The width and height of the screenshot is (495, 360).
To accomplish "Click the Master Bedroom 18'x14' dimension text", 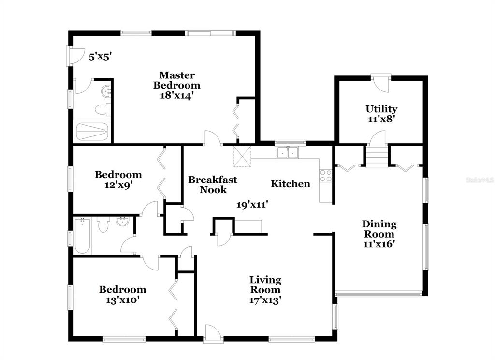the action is pos(176,95).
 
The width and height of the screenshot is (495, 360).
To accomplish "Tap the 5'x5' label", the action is pos(101,57).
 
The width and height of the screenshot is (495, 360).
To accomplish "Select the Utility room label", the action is pos(381,109).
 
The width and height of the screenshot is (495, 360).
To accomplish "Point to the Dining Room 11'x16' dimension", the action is pos(379,244).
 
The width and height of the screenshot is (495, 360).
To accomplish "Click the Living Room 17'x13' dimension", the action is pos(265,300).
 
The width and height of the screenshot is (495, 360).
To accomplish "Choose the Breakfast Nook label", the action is pos(213,184).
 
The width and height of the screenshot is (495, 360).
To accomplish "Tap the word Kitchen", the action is pos(291,184).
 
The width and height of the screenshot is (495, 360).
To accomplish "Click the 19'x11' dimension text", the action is pos(252,205).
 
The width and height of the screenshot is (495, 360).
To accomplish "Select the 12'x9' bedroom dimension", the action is pos(118,184).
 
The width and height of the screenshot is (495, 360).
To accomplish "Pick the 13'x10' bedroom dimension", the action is pos(122,300).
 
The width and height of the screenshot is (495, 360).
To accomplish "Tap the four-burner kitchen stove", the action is pos(326,176).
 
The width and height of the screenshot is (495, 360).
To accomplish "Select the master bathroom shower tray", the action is pos(92,131).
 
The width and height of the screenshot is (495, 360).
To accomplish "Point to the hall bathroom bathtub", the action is pos(83,236).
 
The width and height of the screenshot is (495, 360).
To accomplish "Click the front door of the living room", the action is pos(213,333).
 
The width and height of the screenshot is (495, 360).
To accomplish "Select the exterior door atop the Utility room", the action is pos(381,83).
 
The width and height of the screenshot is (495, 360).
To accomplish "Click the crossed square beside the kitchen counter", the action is pos(242,156).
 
